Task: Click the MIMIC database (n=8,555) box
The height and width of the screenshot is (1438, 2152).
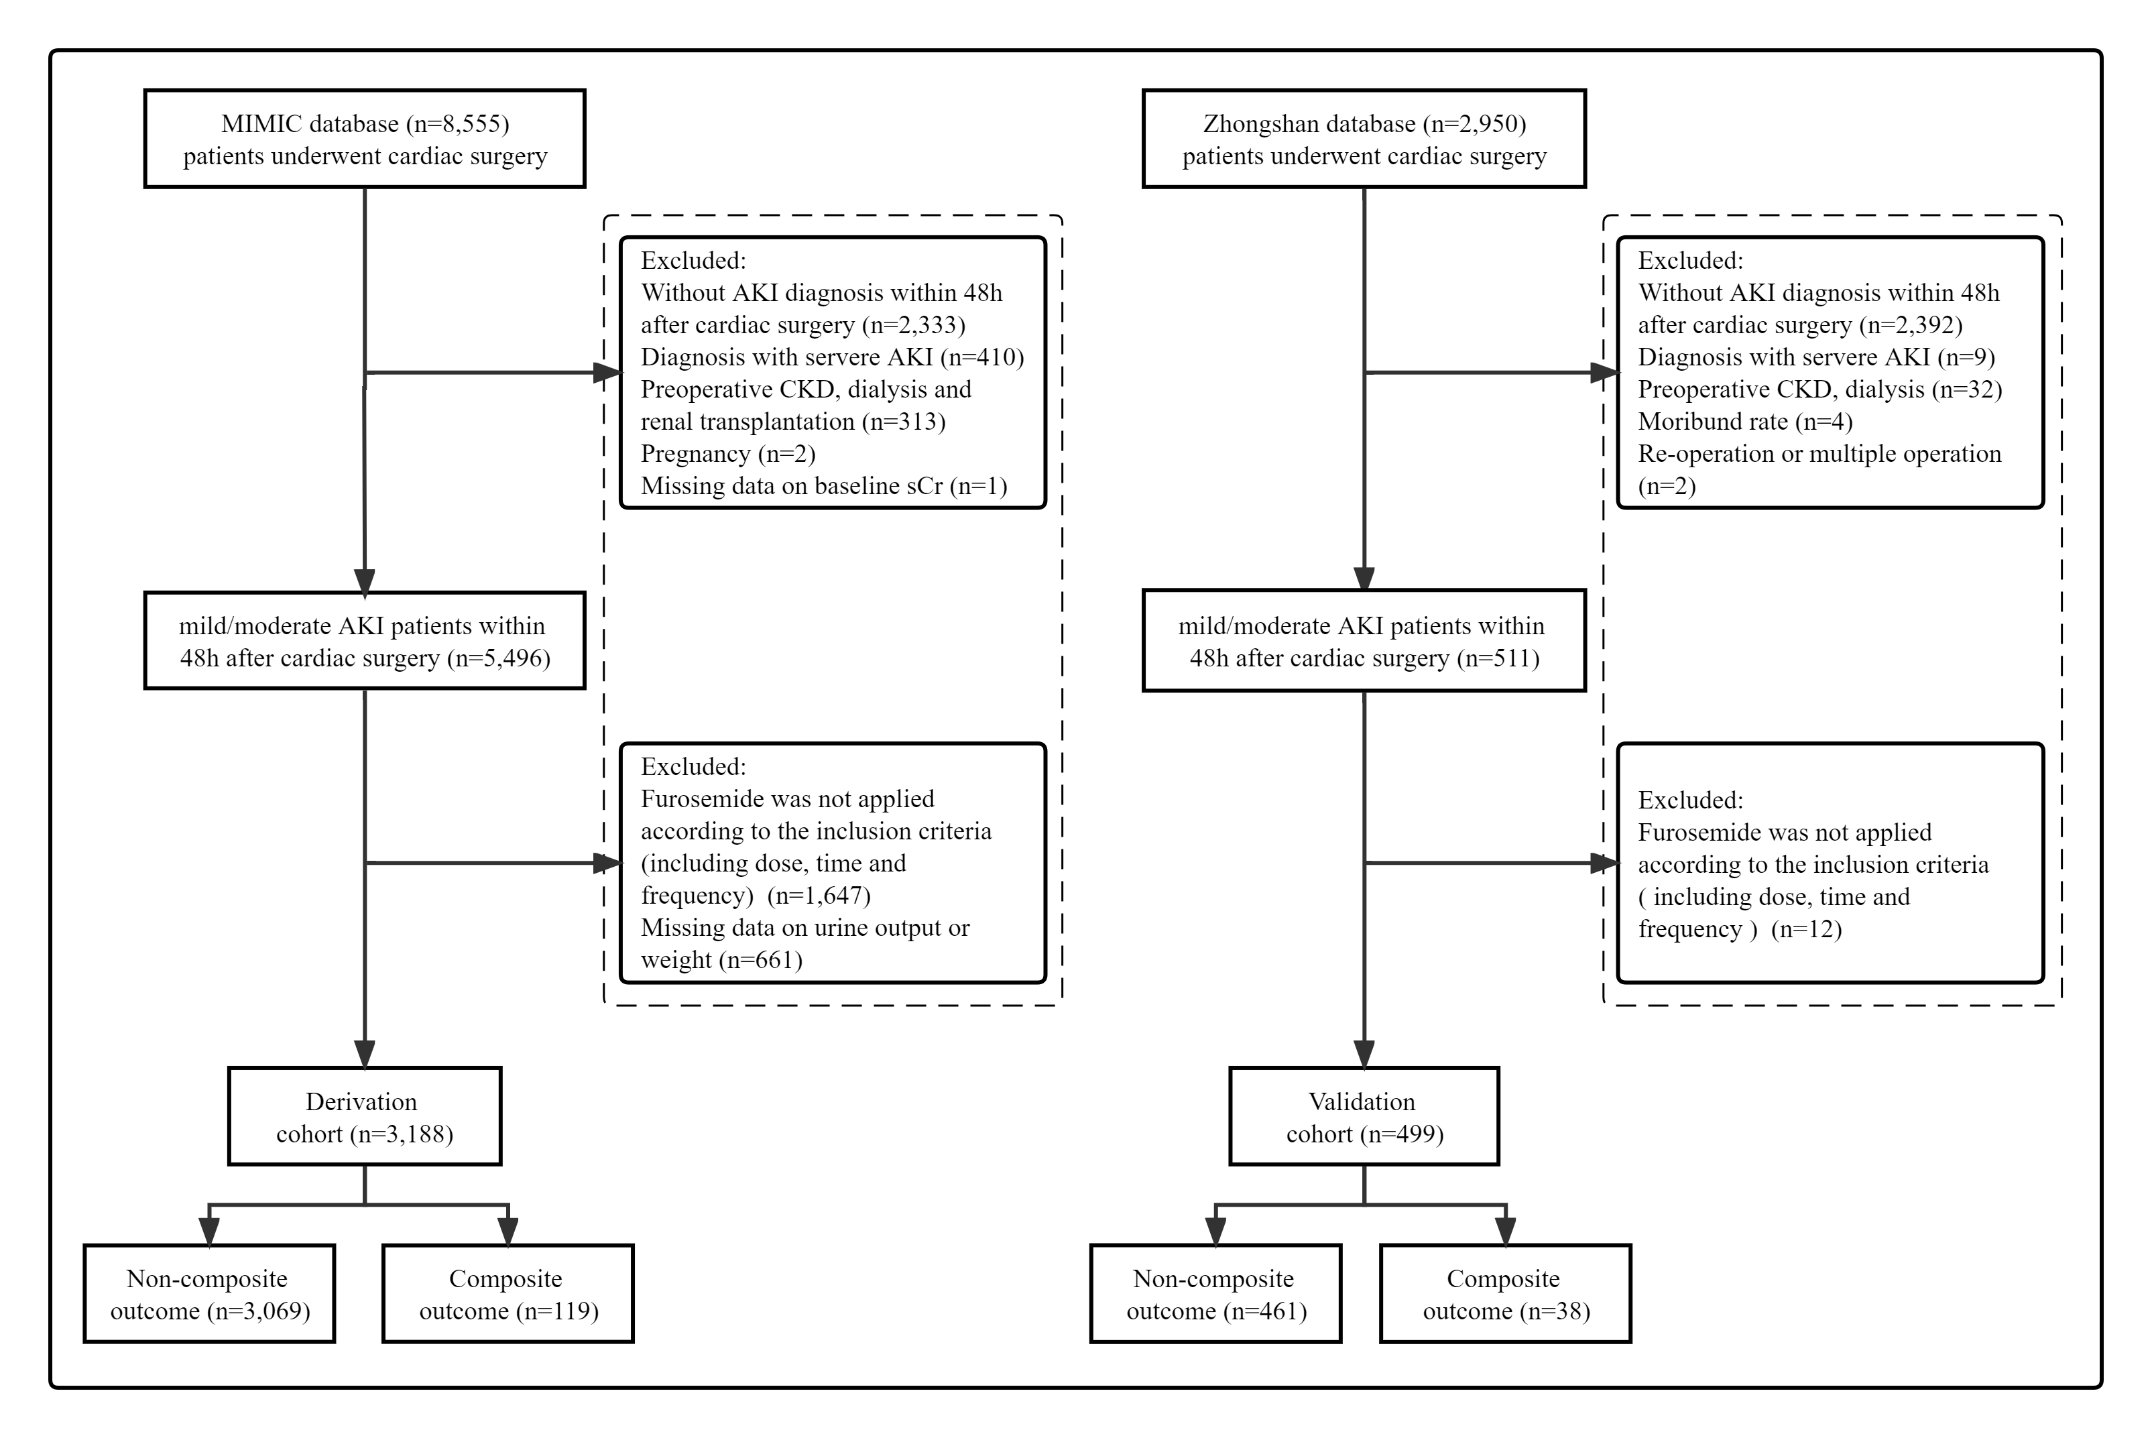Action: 365,139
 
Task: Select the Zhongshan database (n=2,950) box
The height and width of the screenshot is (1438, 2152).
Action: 1364,139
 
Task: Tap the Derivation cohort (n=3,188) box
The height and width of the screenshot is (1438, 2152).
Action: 365,1116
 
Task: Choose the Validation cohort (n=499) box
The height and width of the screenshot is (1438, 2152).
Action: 1364,1116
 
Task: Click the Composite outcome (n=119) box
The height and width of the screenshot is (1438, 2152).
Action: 508,1294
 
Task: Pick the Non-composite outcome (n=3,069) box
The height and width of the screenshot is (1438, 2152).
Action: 209,1294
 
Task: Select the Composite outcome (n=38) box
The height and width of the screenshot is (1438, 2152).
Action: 1506,1294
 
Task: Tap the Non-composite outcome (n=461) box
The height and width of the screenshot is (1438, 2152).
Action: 1216,1294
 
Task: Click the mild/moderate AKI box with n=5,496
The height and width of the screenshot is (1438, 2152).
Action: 365,640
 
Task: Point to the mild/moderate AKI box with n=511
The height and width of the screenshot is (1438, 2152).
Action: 1364,640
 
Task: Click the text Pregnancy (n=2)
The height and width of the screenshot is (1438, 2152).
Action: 728,454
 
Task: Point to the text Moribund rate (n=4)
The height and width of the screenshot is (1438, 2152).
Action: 1745,422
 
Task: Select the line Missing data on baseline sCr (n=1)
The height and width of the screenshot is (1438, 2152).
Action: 823,486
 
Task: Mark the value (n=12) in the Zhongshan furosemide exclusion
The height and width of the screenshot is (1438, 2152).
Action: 1806,929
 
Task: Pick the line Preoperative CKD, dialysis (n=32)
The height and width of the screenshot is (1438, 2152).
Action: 1820,390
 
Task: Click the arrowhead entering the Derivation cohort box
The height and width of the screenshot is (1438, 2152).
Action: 365,1054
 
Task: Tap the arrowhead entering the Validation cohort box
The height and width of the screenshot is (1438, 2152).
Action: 1364,1054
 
